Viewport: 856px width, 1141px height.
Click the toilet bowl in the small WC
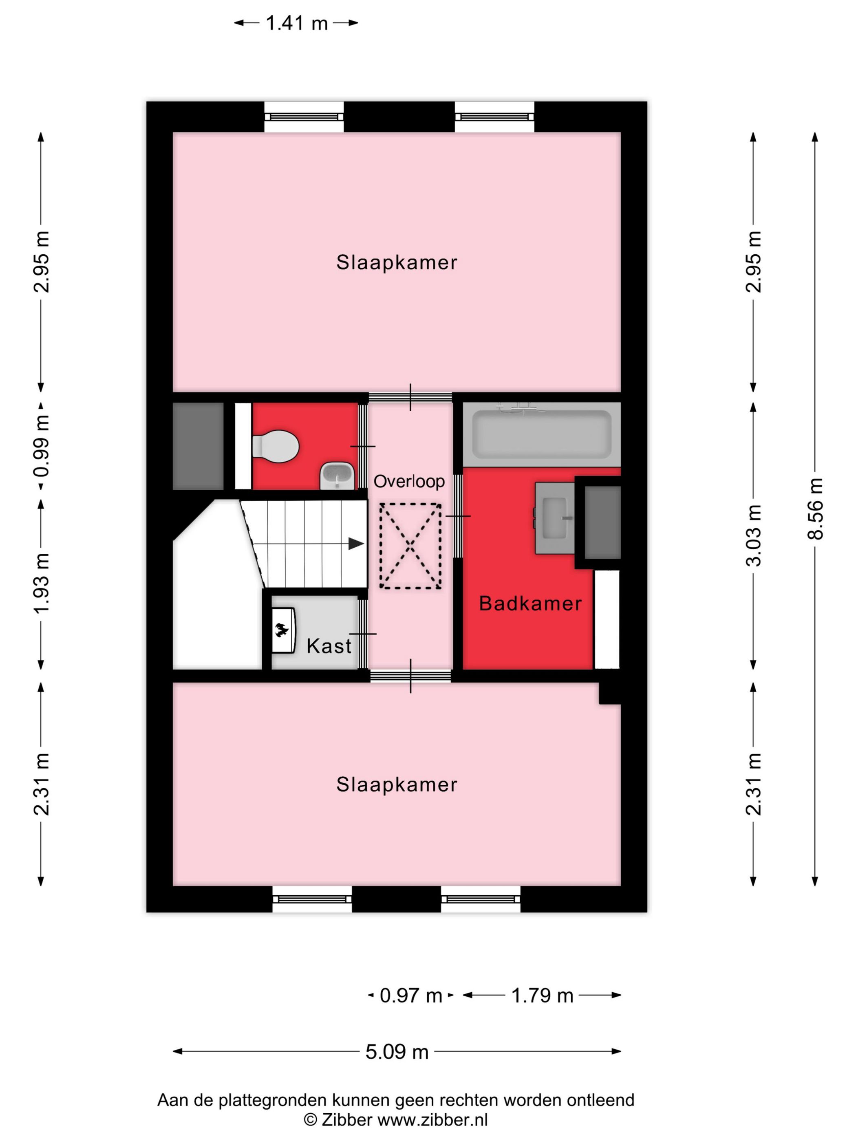pos(276,446)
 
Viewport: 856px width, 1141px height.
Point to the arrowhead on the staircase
pos(355,543)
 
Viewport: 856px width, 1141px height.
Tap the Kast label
pos(329,646)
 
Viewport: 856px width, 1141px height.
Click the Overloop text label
pos(409,481)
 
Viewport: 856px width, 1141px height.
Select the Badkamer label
pos(530,604)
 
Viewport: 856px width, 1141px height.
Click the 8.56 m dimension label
pos(815,508)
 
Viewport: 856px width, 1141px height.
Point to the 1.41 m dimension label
pos(296,23)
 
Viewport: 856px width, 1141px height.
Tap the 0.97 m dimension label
pos(411,995)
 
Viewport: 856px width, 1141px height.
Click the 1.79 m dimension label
pos(542,995)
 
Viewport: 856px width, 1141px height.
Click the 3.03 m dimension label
pos(753,535)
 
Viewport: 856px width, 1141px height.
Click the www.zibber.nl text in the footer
pos(432,1120)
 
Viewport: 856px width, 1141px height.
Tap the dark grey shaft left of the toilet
pos(198,446)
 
